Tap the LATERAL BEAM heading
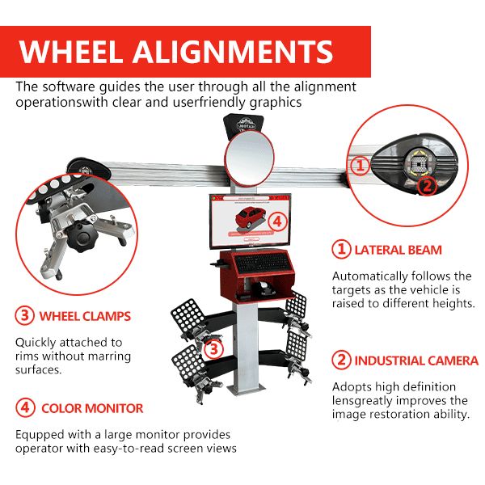click(x=399, y=250)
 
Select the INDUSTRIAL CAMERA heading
click(x=416, y=361)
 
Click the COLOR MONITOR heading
click(x=92, y=408)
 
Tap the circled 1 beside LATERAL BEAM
click(x=344, y=250)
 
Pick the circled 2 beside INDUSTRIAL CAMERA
click(x=344, y=361)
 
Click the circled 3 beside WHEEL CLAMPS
click(x=24, y=315)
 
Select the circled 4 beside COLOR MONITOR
click(x=24, y=408)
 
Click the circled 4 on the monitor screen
click(x=277, y=220)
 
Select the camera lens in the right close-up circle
click(x=418, y=166)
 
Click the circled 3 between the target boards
click(x=213, y=349)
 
